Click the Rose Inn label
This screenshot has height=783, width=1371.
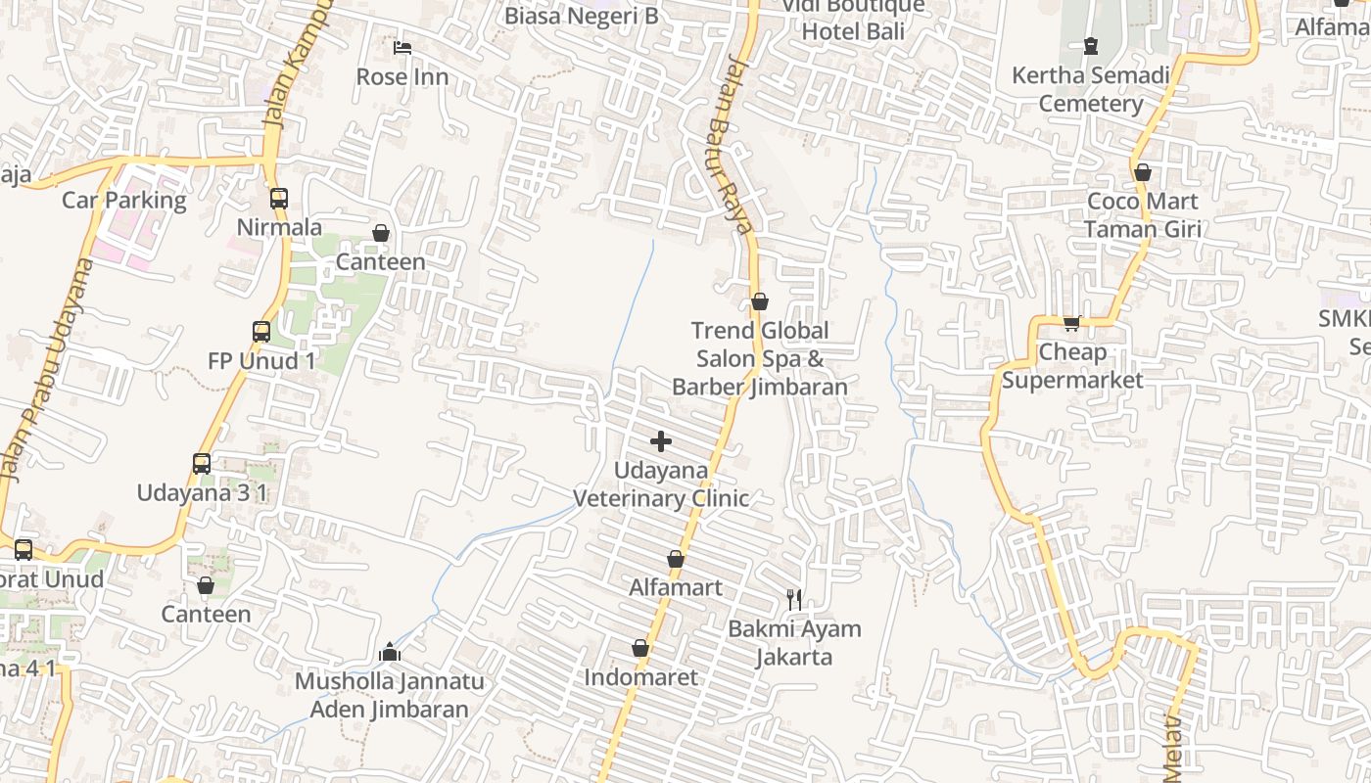pyautogui.click(x=402, y=76)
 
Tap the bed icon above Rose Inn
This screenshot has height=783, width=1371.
pyautogui.click(x=402, y=47)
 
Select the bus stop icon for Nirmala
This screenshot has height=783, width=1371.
pyautogui.click(x=279, y=198)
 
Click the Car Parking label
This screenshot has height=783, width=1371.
pyautogui.click(x=123, y=201)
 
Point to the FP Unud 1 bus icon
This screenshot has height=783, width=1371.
pyautogui.click(x=261, y=331)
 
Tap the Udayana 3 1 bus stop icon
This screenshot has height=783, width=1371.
pyautogui.click(x=202, y=463)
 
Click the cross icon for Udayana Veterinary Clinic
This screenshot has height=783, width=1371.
pyautogui.click(x=661, y=441)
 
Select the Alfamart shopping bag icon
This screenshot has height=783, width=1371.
pyautogui.click(x=676, y=559)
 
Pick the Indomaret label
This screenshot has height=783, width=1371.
pyautogui.click(x=641, y=677)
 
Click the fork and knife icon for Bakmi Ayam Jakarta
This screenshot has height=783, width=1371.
pyautogui.click(x=794, y=599)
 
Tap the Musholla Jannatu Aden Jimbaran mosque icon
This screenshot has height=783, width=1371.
pyautogui.click(x=390, y=652)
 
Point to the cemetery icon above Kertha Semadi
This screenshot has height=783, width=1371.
pyautogui.click(x=1091, y=45)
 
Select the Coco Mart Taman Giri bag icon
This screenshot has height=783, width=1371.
pyautogui.click(x=1143, y=172)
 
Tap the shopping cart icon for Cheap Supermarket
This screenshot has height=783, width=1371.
pyautogui.click(x=1072, y=322)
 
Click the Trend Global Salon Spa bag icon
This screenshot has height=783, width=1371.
pyautogui.click(x=760, y=301)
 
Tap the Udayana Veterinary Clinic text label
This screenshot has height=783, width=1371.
pyautogui.click(x=661, y=484)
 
